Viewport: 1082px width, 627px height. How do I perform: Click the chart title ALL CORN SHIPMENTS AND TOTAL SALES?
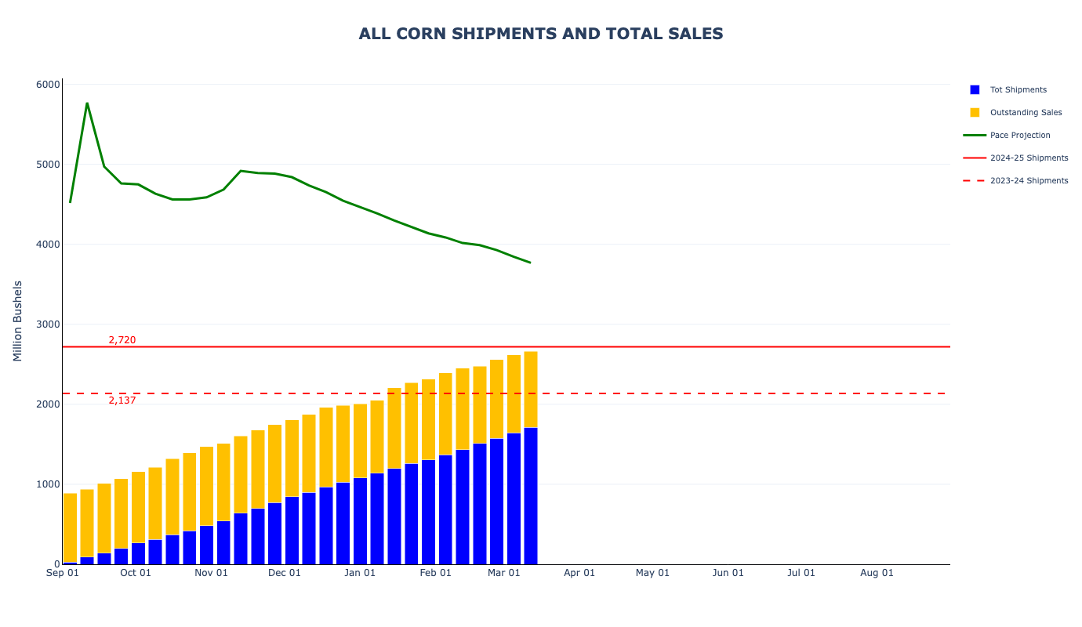pos(541,34)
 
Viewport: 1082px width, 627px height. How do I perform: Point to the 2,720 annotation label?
pos(122,340)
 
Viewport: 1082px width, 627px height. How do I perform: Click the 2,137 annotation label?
pos(122,400)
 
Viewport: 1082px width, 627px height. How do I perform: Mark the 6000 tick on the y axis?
pos(48,85)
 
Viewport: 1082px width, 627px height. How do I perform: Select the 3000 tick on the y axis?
pos(48,324)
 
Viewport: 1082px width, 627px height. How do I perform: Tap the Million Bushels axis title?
pos(18,321)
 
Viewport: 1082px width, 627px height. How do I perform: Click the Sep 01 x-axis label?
pos(63,573)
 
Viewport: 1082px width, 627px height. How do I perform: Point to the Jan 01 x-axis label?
pos(360,573)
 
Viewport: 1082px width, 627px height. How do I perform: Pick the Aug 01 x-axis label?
pos(877,573)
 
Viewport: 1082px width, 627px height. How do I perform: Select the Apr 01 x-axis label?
pos(579,573)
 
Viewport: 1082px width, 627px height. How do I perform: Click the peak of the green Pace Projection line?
pos(87,103)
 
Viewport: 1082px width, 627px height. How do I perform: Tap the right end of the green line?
pos(530,263)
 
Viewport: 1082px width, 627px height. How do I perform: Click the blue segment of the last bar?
pos(531,495)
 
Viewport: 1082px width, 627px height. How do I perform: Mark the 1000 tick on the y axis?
pos(48,484)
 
